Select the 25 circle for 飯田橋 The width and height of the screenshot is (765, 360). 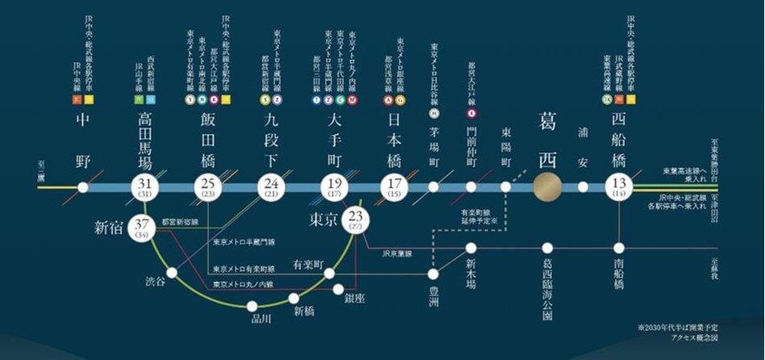[x=208, y=187]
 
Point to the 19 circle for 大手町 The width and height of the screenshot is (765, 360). [x=332, y=187]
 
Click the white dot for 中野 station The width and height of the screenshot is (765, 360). [x=83, y=187]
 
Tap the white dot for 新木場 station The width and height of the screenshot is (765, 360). [x=471, y=249]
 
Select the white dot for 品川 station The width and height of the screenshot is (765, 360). [x=253, y=306]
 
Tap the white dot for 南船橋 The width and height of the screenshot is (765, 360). [x=619, y=249]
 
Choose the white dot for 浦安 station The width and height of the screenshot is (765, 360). [x=583, y=187]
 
